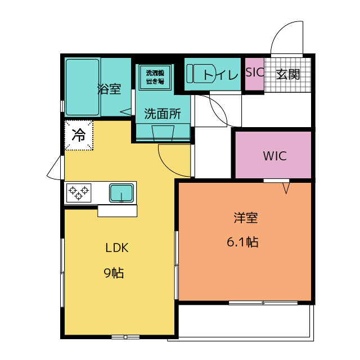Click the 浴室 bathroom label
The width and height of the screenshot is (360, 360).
[x=109, y=89]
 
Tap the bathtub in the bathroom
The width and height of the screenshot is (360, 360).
[x=83, y=87]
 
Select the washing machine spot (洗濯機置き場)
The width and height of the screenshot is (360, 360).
[x=155, y=77]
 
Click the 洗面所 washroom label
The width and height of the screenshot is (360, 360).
[x=163, y=114]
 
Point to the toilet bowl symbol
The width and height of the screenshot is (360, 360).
[x=201, y=74]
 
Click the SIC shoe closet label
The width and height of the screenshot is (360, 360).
[x=255, y=73]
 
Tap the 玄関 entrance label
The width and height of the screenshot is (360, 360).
[x=288, y=74]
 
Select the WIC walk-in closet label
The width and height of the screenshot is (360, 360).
[x=274, y=156]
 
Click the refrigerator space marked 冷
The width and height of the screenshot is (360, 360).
[x=79, y=135]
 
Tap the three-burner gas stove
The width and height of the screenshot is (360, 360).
[x=79, y=193]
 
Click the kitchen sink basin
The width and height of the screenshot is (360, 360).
[x=121, y=193]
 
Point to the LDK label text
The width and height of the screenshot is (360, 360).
[x=116, y=248]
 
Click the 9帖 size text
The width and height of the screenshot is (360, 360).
[x=114, y=273]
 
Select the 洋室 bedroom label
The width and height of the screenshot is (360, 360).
[x=246, y=218]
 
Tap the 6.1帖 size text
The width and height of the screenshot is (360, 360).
[x=242, y=242]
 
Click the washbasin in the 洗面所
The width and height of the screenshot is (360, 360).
[x=163, y=133]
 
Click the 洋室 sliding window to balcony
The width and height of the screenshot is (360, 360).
[x=263, y=303]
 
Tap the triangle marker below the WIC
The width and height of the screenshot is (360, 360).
[x=286, y=188]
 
